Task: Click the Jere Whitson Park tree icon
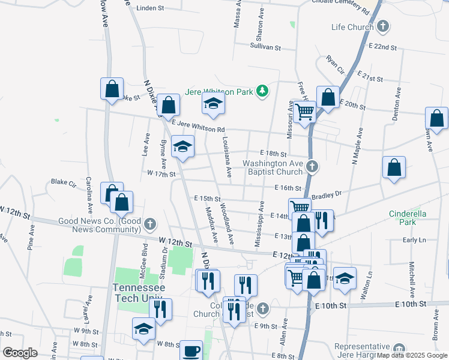(x=262, y=91)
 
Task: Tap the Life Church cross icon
(x=383, y=27)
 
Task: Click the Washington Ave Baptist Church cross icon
(x=311, y=166)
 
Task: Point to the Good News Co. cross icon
(x=151, y=224)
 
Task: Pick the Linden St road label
(x=150, y=8)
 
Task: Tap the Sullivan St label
(x=266, y=46)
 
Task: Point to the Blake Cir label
(x=62, y=181)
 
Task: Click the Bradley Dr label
(x=327, y=194)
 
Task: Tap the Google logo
(x=20, y=353)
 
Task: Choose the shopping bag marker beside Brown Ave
(x=436, y=118)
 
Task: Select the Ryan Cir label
(x=335, y=65)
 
